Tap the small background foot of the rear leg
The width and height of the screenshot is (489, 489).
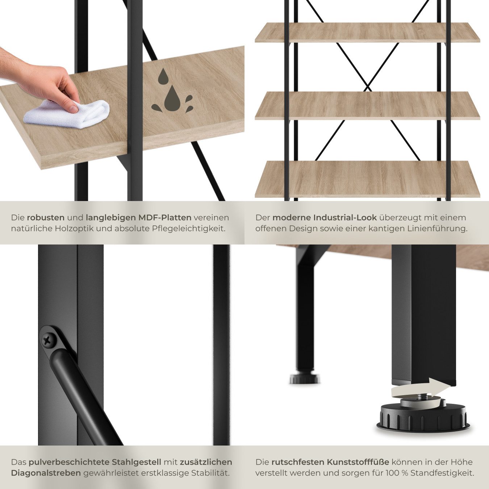point(305,379)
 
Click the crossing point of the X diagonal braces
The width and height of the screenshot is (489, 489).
point(368,87)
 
